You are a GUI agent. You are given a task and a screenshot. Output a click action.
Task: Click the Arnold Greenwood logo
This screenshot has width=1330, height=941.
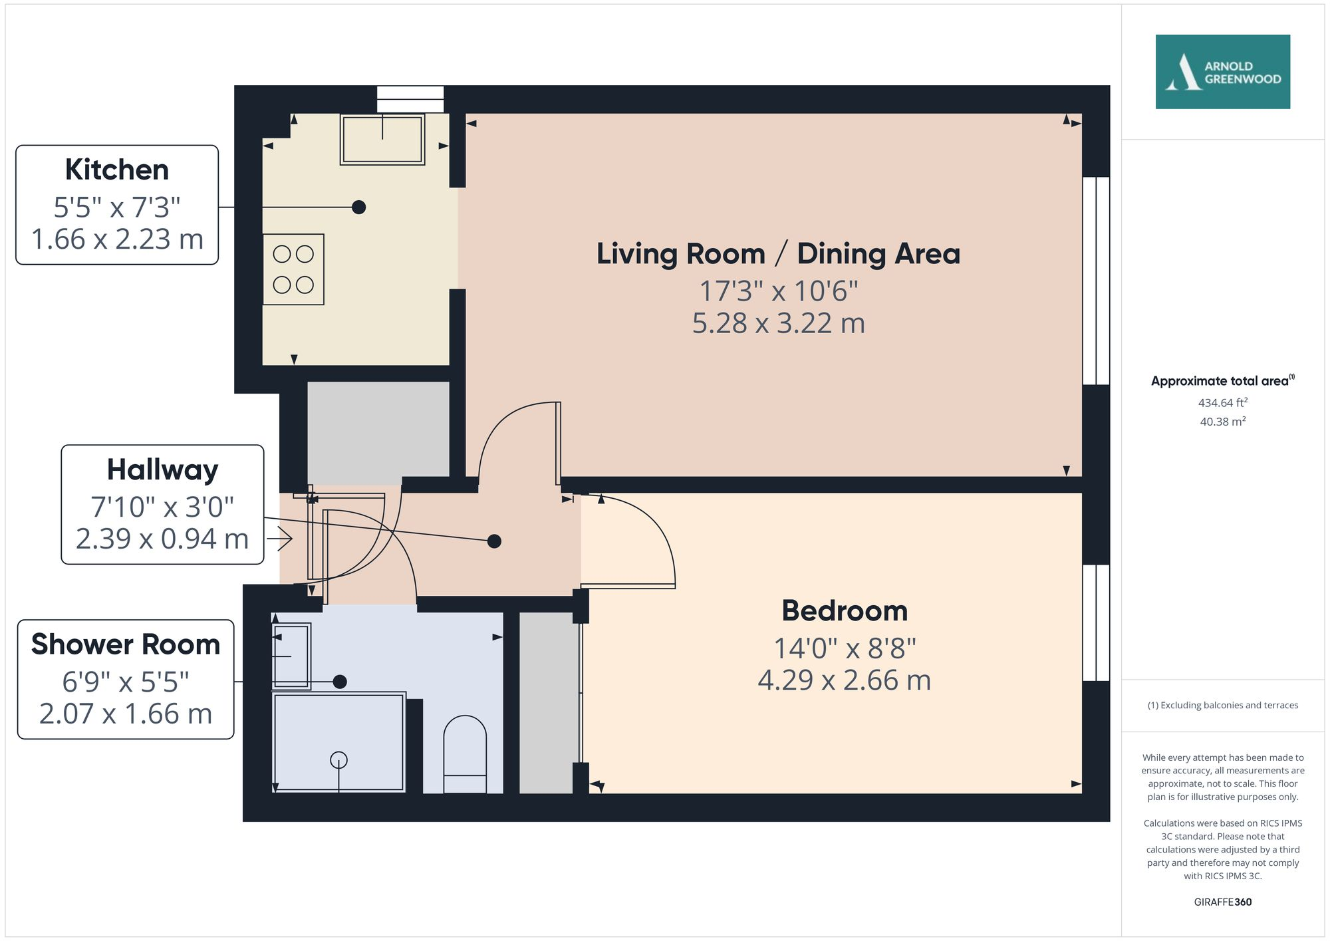[x=1222, y=72]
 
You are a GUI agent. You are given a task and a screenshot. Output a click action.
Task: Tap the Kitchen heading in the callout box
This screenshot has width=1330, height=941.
[x=117, y=170]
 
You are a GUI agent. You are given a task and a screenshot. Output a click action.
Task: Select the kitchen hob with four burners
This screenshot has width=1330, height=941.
[x=293, y=269]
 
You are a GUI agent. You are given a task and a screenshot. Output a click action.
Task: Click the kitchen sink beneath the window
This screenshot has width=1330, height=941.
[x=382, y=139]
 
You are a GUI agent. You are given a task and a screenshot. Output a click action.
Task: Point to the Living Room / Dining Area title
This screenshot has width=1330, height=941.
[x=777, y=253]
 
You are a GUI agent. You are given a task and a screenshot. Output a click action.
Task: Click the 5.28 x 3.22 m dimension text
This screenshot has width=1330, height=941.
[x=778, y=324]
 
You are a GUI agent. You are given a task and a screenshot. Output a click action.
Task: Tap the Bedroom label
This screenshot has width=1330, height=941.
[x=844, y=610]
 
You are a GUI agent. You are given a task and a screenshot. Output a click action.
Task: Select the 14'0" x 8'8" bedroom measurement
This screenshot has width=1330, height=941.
[x=844, y=648]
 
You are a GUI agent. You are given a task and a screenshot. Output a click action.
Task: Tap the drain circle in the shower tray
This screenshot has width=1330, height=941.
[x=338, y=759]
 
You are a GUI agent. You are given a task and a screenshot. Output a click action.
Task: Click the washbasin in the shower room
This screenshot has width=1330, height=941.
[x=291, y=656]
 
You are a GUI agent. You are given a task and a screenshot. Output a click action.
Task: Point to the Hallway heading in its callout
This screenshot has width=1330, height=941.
[x=162, y=470]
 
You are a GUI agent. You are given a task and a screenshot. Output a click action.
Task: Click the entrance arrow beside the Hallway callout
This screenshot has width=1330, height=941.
[x=280, y=539]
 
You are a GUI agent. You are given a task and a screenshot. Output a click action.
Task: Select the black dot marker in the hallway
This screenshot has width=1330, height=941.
[x=494, y=541]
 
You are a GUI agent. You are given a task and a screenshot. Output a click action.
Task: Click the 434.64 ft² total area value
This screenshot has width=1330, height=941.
[x=1222, y=402]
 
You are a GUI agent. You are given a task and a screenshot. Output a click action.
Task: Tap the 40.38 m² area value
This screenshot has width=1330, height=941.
[x=1222, y=421]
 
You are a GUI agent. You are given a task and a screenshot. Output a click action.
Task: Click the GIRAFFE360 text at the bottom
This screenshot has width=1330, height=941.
[x=1222, y=902]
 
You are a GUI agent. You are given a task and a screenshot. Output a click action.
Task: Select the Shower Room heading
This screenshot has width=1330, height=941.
[x=125, y=644]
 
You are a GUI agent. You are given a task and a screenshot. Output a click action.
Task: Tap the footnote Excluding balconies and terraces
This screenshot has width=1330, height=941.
[x=1222, y=705]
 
